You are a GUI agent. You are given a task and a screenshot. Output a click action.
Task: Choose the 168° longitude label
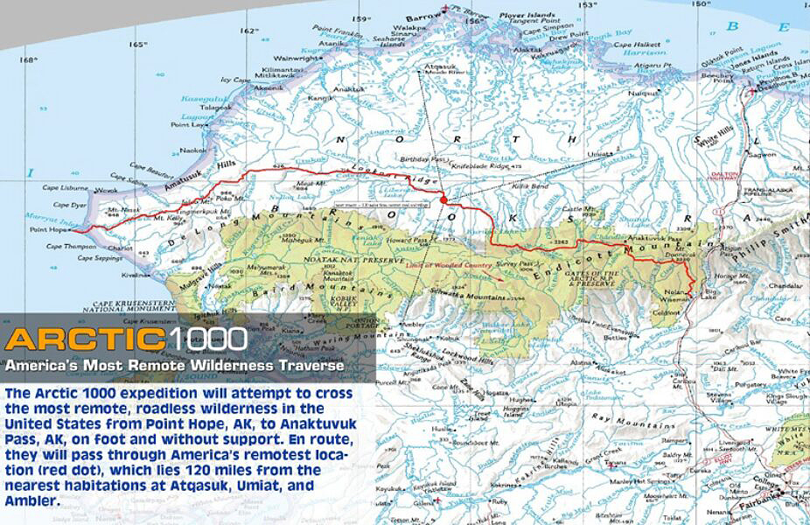tap(29, 60)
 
